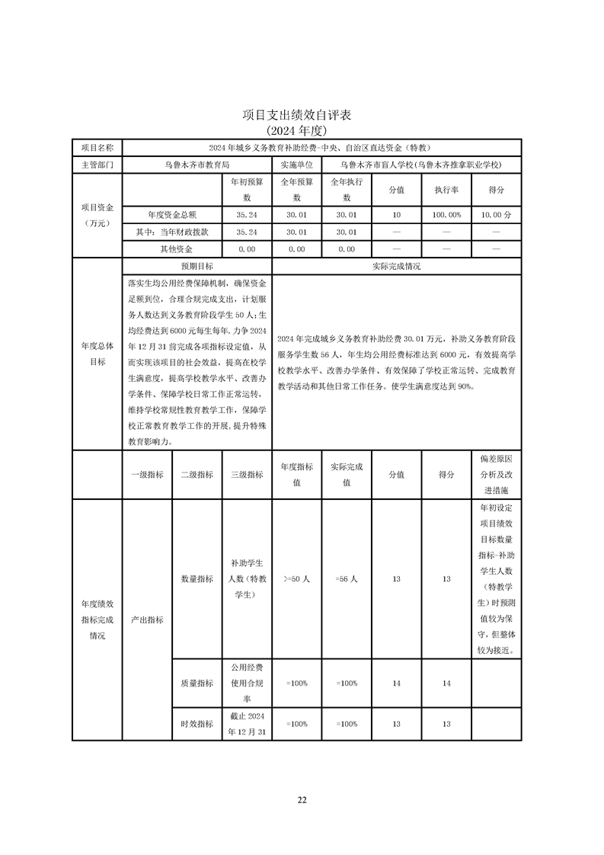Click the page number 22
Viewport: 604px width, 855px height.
[x=302, y=799]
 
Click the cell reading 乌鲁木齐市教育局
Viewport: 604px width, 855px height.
[x=197, y=165]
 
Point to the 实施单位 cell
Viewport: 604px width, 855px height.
[x=296, y=165]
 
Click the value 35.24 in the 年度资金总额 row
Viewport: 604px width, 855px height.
[x=246, y=215]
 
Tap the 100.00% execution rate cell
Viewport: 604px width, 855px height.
[x=446, y=215]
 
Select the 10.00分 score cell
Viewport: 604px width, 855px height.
[x=497, y=215]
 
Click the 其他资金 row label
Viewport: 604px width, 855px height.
[x=171, y=248]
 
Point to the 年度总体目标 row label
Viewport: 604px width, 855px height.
[x=97, y=354]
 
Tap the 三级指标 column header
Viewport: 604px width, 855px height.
[x=246, y=474]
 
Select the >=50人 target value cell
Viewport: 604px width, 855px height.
[x=296, y=579]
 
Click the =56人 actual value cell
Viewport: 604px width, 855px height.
[x=347, y=579]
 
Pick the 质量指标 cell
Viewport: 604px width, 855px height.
[x=197, y=684]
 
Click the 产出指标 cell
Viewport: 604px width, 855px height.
[x=147, y=620]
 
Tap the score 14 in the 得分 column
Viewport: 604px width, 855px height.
[x=446, y=684]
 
